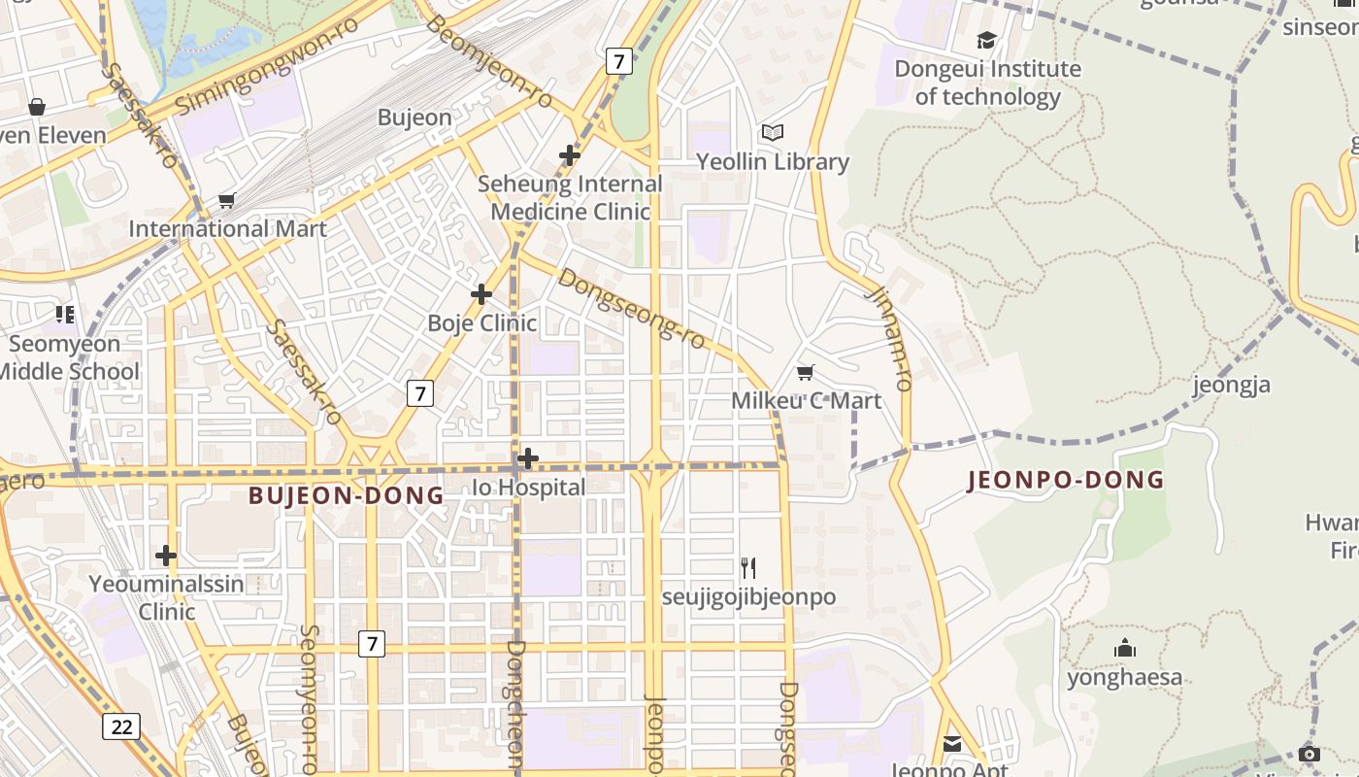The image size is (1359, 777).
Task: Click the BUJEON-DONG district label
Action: point(346,495)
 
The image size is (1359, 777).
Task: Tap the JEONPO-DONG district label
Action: point(1065,480)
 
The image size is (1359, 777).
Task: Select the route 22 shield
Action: point(121,726)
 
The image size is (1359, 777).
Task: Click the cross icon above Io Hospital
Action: point(528,457)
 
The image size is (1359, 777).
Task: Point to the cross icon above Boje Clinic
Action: point(481,293)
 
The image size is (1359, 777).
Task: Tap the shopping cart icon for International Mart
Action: point(227,200)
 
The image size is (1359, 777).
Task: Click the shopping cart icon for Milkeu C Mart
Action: point(805,372)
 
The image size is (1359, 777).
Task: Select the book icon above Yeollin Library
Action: point(773,132)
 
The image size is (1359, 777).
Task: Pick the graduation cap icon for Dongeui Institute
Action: point(986,40)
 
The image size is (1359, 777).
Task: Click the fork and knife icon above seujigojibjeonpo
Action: point(748,567)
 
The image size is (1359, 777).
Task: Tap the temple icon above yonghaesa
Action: point(1125,648)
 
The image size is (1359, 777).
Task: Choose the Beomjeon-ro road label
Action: point(489,62)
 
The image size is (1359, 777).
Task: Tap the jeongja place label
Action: point(1231,386)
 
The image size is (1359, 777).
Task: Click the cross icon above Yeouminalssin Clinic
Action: point(166,556)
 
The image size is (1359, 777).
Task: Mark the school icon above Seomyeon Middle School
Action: point(65,314)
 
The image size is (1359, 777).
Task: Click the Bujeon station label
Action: point(414,118)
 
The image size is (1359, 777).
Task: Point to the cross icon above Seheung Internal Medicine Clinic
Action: point(570,154)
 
